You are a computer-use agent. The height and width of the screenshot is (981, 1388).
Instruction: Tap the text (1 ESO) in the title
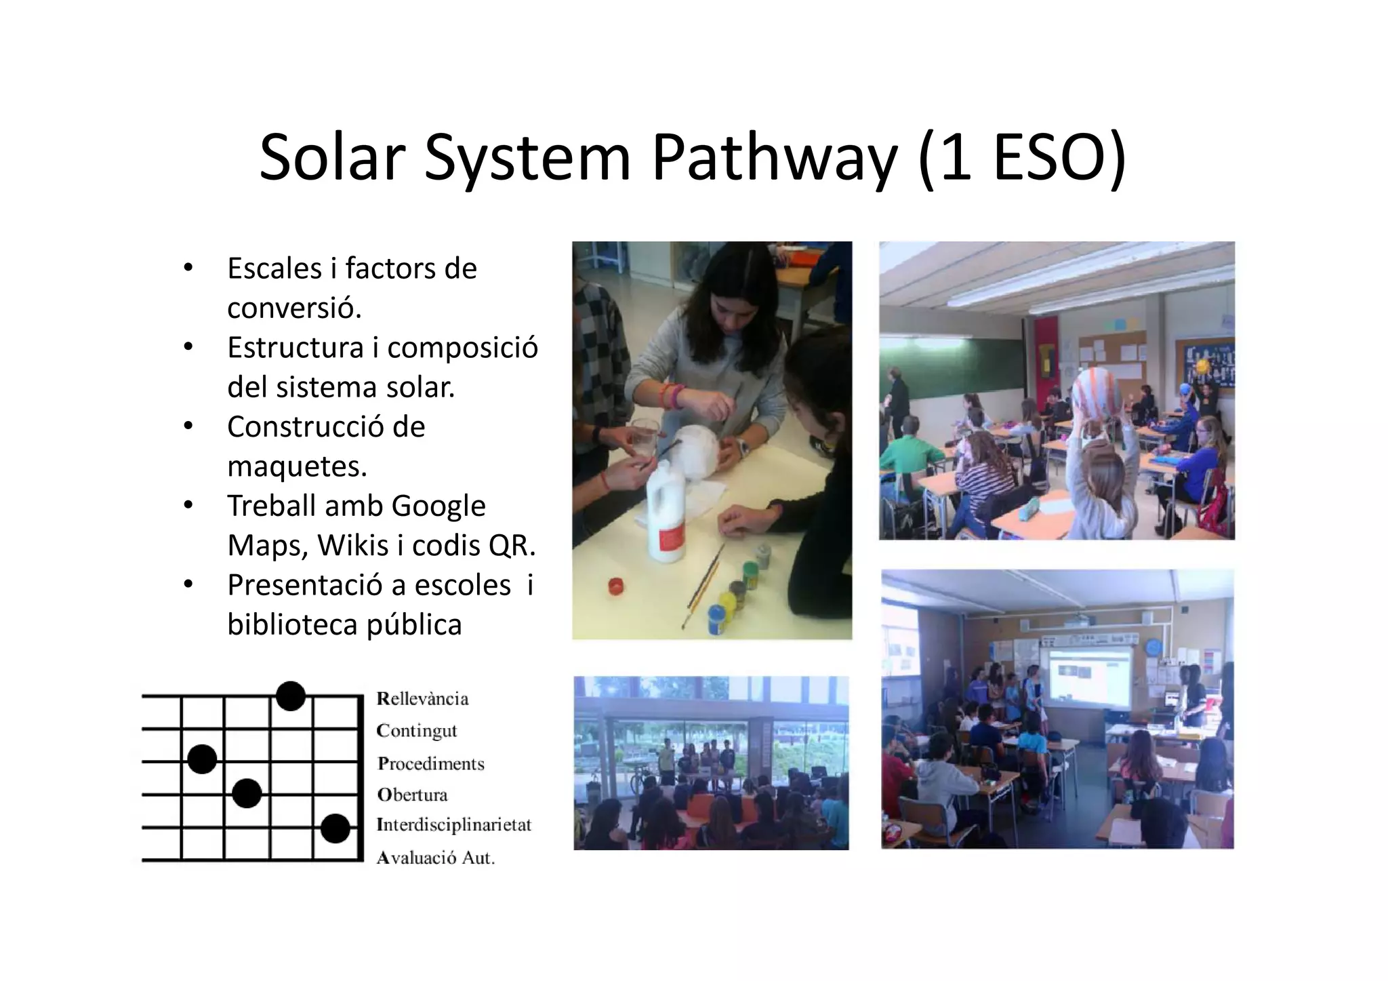coord(1022,159)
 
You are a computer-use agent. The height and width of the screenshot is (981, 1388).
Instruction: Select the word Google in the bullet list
coord(438,506)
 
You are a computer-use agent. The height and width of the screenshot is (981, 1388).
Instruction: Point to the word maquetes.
coord(297,466)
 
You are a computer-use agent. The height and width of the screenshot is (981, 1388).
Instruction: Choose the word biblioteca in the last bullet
coord(292,624)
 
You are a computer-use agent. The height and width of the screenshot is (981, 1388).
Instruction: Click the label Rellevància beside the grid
coord(422,699)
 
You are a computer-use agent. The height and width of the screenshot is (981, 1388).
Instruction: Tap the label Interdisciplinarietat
coord(453,825)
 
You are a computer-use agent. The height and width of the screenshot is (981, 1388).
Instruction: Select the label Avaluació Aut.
coord(436,858)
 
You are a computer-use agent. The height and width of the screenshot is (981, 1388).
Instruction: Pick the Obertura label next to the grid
coord(412,795)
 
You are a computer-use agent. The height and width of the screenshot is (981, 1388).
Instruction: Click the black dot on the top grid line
coord(291,696)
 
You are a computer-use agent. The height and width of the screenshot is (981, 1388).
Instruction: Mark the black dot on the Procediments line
coord(202,759)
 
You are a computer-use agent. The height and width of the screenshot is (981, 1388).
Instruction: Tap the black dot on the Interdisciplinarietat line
coord(335,828)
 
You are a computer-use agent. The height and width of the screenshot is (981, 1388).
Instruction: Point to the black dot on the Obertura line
coord(247,793)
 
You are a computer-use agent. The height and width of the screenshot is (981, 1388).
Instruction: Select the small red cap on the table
coord(615,586)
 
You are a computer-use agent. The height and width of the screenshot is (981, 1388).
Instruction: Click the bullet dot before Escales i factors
coord(188,268)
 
